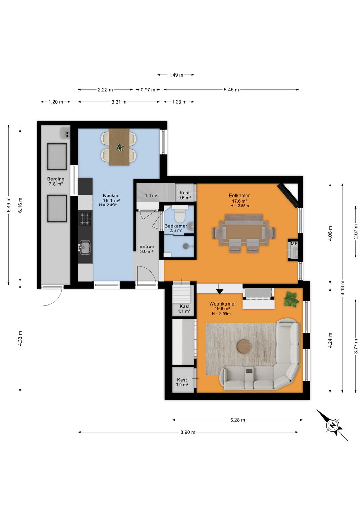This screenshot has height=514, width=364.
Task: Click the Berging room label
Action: [56, 179]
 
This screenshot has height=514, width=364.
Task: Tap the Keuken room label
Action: [111, 196]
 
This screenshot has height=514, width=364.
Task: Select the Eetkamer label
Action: [239, 196]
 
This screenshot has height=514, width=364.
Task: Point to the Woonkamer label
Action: [222, 304]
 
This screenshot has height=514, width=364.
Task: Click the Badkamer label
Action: [176, 226]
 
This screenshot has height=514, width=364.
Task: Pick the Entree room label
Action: [147, 247]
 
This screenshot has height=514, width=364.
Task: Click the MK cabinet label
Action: [294, 244]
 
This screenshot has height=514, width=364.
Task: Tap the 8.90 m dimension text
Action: [188, 432]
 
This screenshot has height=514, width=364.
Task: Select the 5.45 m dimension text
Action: [231, 90]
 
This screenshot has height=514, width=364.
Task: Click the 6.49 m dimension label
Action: [8, 205]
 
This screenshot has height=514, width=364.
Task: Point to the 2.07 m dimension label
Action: [356, 231]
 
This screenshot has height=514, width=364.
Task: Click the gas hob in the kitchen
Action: [85, 219]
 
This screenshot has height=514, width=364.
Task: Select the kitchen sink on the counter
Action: [85, 247]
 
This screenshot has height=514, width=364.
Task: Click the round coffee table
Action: [244, 346]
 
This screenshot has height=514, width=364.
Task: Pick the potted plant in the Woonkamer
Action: [292, 299]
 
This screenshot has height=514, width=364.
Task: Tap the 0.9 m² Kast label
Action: [182, 382]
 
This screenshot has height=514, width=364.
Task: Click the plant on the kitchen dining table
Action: [120, 147]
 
